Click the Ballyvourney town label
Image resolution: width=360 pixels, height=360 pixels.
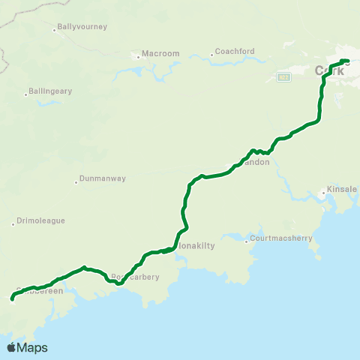pyautogui.click(x=83, y=27)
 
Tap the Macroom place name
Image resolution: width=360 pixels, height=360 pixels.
pyautogui.click(x=162, y=54)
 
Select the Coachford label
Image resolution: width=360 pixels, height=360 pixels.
pyautogui.click(x=235, y=52)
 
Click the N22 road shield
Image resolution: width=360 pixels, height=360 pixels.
pyautogui.click(x=283, y=76)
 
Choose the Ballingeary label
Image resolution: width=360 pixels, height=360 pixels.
pyautogui.click(x=51, y=91)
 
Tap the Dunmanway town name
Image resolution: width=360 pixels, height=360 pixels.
pyautogui.click(x=103, y=179)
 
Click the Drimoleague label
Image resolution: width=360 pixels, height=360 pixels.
pyautogui.click(x=42, y=221)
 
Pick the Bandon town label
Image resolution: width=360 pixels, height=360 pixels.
pyautogui.click(x=256, y=162)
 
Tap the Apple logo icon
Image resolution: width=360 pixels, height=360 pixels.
pyautogui.click(x=11, y=347)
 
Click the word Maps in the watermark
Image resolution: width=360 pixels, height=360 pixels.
pyautogui.click(x=32, y=347)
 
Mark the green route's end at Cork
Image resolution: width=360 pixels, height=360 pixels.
pyautogui.click(x=348, y=61)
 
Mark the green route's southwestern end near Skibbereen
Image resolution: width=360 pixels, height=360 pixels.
pyautogui.click(x=12, y=299)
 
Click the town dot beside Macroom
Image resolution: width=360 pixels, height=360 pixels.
pyautogui.click(x=139, y=55)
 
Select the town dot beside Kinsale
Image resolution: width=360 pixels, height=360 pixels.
pyautogui.click(x=323, y=193)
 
